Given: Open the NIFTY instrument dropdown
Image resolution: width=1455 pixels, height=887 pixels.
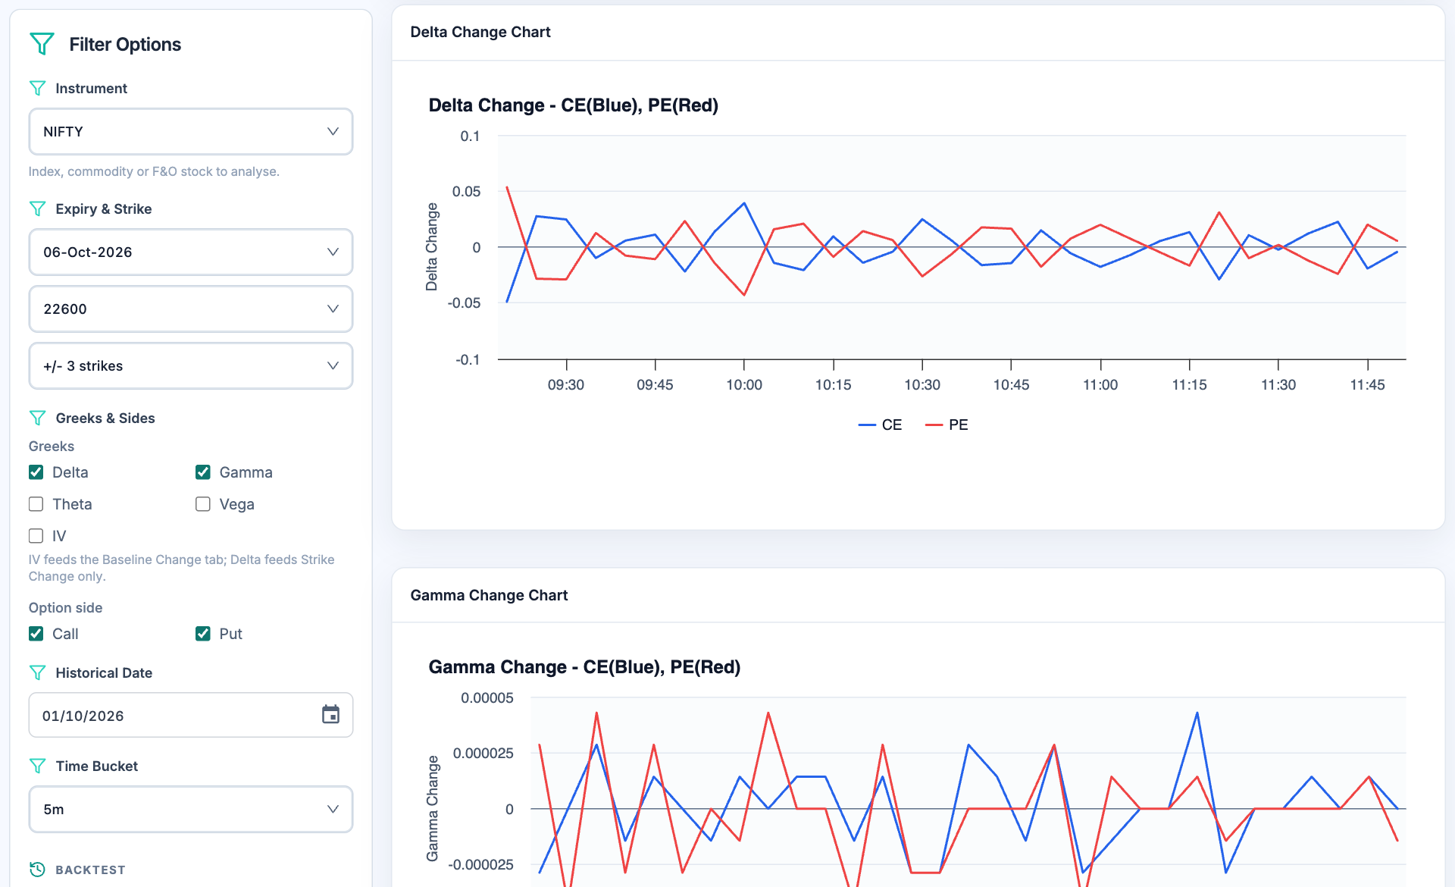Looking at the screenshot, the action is [190, 131].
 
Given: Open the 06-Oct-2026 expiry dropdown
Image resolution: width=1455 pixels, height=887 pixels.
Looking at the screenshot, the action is [190, 252].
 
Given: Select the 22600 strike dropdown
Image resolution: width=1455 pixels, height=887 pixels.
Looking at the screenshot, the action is [190, 309].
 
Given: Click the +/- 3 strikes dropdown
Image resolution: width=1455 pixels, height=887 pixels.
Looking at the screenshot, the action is [190, 365].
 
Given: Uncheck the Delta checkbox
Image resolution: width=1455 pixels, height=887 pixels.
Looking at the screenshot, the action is [36, 472].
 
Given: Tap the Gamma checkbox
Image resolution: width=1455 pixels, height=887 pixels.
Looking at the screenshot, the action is [202, 472].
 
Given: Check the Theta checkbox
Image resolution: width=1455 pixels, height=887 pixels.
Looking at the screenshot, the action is [36, 504].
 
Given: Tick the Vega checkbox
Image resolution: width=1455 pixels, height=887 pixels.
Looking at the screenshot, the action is [202, 504].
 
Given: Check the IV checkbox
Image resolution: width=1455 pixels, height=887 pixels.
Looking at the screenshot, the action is [36, 536].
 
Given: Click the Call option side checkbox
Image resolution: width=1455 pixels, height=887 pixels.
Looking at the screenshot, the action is [36, 634].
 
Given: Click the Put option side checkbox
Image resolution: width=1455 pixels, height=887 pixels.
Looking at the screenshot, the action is [202, 634].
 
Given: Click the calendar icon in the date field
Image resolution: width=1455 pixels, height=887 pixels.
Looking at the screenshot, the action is [330, 714].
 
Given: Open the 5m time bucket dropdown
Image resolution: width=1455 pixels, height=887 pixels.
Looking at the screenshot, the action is [190, 809].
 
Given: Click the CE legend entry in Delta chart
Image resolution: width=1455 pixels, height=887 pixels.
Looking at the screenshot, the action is [880, 425].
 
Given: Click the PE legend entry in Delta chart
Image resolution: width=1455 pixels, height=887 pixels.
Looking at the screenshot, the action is [947, 425].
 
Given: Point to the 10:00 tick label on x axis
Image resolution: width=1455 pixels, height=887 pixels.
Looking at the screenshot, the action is [744, 385].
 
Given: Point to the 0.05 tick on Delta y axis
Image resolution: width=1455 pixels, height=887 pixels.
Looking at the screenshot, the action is [466, 192].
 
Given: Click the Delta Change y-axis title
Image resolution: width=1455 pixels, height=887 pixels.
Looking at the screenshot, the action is [432, 247].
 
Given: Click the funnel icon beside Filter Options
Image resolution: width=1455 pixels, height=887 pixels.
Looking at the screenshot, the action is [42, 44].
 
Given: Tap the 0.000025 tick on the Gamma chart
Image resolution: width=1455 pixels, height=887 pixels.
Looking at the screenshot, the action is [483, 754].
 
